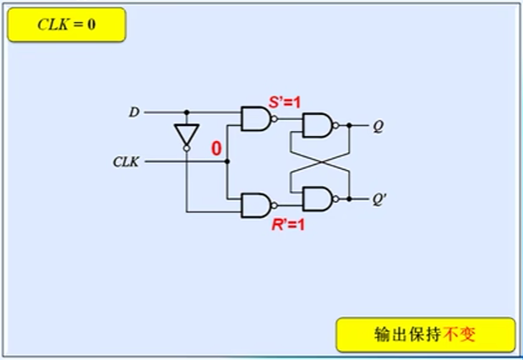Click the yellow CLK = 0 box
click(x=67, y=25)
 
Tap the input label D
click(x=133, y=112)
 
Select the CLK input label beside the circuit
click(x=127, y=160)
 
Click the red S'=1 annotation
click(x=285, y=103)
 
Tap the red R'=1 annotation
click(x=285, y=225)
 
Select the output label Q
click(x=379, y=127)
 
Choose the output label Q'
click(x=380, y=200)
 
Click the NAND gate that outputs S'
click(x=254, y=119)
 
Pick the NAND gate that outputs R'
click(x=254, y=205)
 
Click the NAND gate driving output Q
click(x=317, y=127)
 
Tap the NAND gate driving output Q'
click(x=317, y=199)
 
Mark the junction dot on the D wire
click(x=185, y=112)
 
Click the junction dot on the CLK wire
click(x=226, y=160)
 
